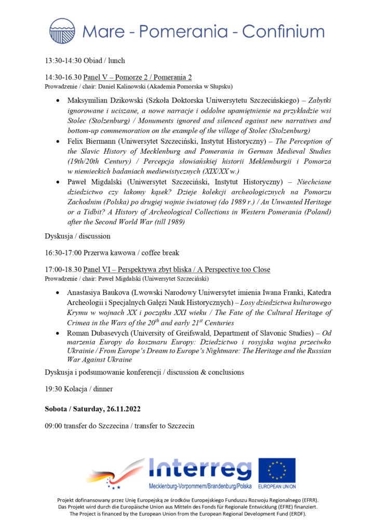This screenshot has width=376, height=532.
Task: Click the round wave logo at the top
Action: click(x=62, y=31)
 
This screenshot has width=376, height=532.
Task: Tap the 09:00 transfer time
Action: click(x=54, y=426)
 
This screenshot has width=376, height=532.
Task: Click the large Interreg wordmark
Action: click(x=199, y=470)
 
